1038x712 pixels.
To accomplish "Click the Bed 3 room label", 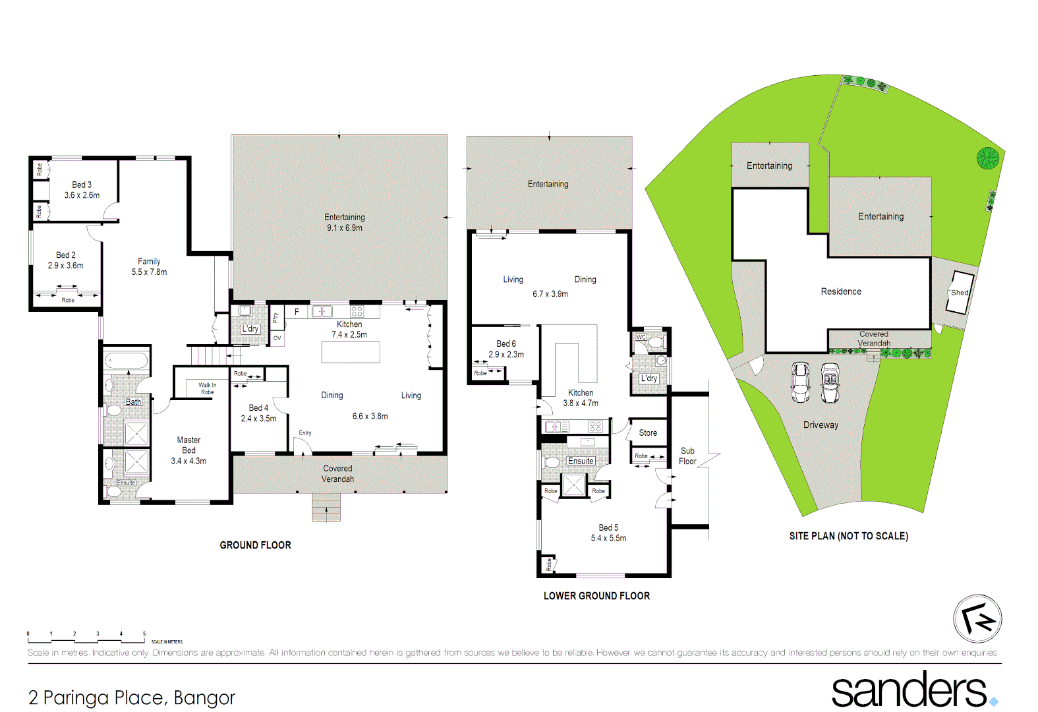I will click(x=82, y=185).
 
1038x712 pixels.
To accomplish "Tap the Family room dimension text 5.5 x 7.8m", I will click(x=149, y=272).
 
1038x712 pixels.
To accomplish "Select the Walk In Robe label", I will click(x=207, y=388).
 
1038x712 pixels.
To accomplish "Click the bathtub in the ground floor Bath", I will click(x=127, y=361).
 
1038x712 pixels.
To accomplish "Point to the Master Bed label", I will click(x=188, y=445).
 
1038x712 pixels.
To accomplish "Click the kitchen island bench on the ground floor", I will click(x=351, y=353).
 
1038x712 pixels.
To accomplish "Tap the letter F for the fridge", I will click(x=297, y=312).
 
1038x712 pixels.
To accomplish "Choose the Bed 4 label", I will click(x=258, y=407).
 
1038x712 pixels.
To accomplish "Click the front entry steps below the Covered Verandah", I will click(x=326, y=508).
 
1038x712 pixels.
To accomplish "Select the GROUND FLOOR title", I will click(x=255, y=545).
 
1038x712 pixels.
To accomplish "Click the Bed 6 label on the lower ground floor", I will click(x=506, y=343).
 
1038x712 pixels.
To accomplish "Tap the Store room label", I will click(x=648, y=433).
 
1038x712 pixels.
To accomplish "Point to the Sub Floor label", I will click(x=687, y=456).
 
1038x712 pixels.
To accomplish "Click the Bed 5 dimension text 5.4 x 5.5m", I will click(x=608, y=538).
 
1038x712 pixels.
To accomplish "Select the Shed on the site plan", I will click(x=959, y=292).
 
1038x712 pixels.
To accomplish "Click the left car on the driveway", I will click(x=800, y=382).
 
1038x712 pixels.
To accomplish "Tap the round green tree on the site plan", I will click(x=987, y=158).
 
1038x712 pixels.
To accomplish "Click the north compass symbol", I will click(x=977, y=618).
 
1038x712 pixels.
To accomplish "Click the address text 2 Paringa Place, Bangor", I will click(x=132, y=697).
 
